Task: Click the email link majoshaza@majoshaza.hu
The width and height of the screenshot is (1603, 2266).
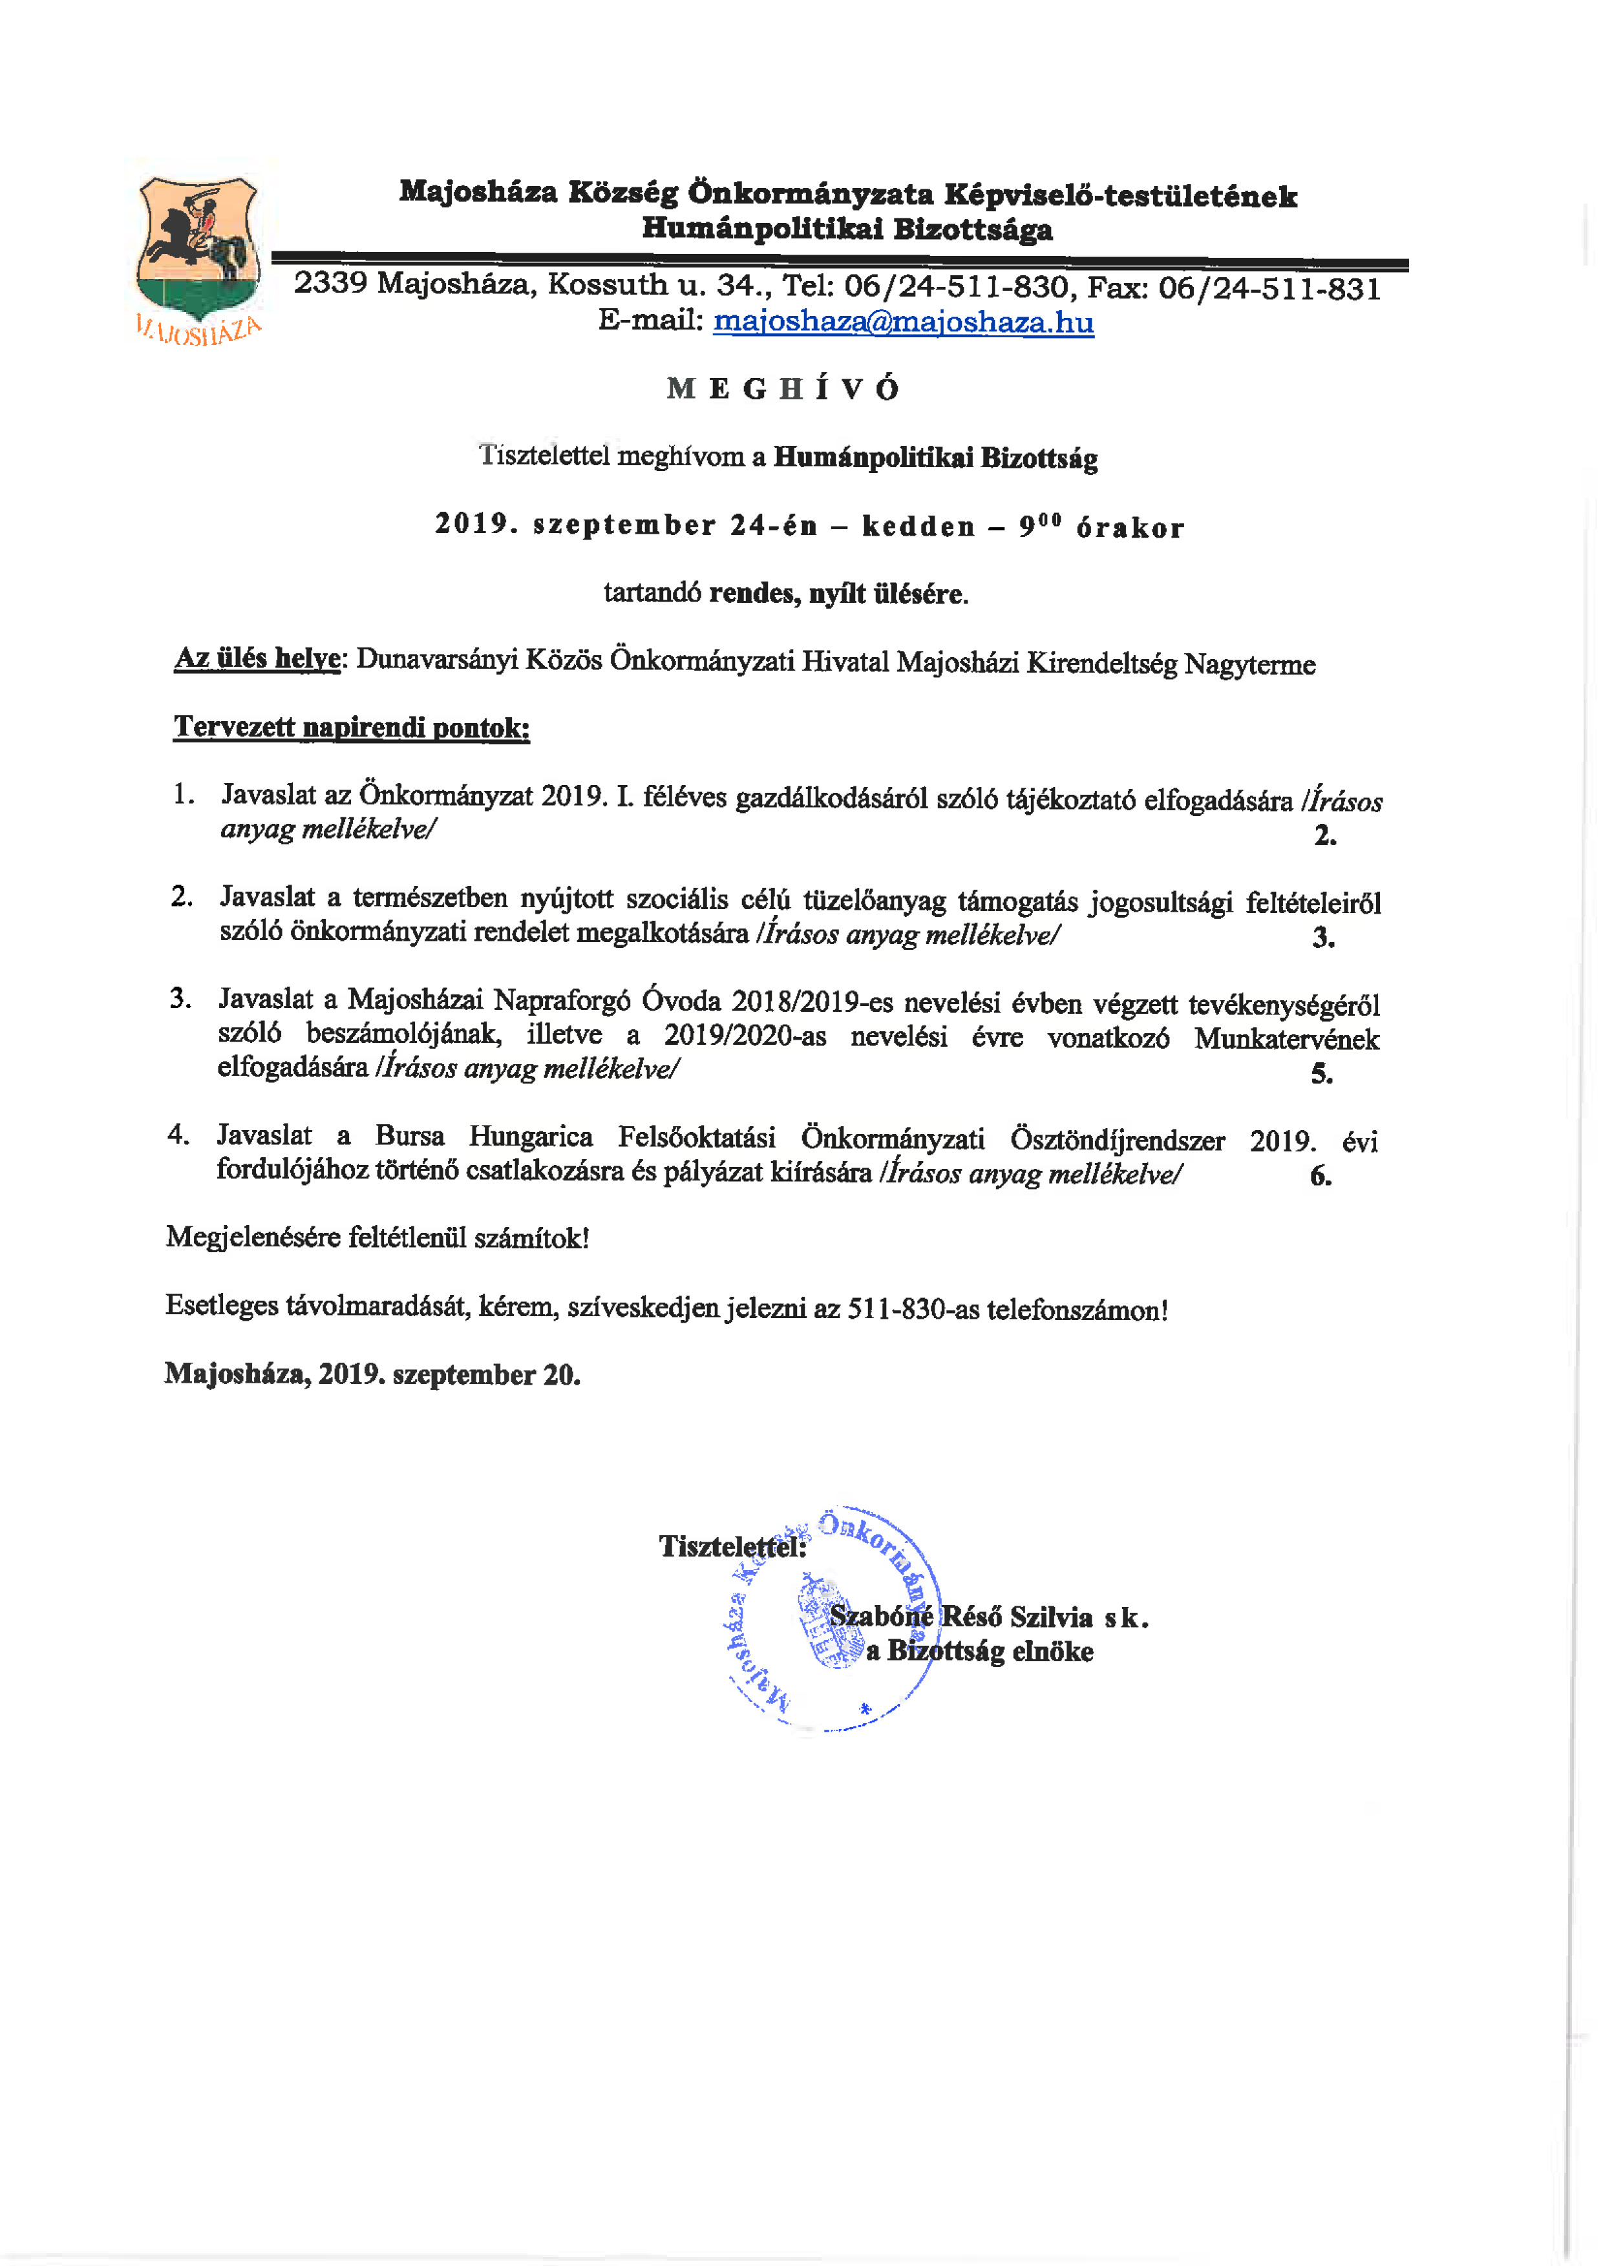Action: click(x=902, y=322)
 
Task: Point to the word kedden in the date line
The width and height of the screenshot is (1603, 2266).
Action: click(x=918, y=526)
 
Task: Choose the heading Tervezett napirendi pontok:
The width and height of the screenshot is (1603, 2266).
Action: click(x=352, y=728)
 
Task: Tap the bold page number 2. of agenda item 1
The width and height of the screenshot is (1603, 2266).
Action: click(x=1324, y=836)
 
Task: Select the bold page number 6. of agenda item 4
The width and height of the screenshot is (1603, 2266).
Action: click(x=1321, y=1175)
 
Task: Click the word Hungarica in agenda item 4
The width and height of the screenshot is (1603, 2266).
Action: click(x=530, y=1137)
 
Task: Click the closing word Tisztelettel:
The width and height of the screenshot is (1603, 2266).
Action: click(x=732, y=1546)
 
